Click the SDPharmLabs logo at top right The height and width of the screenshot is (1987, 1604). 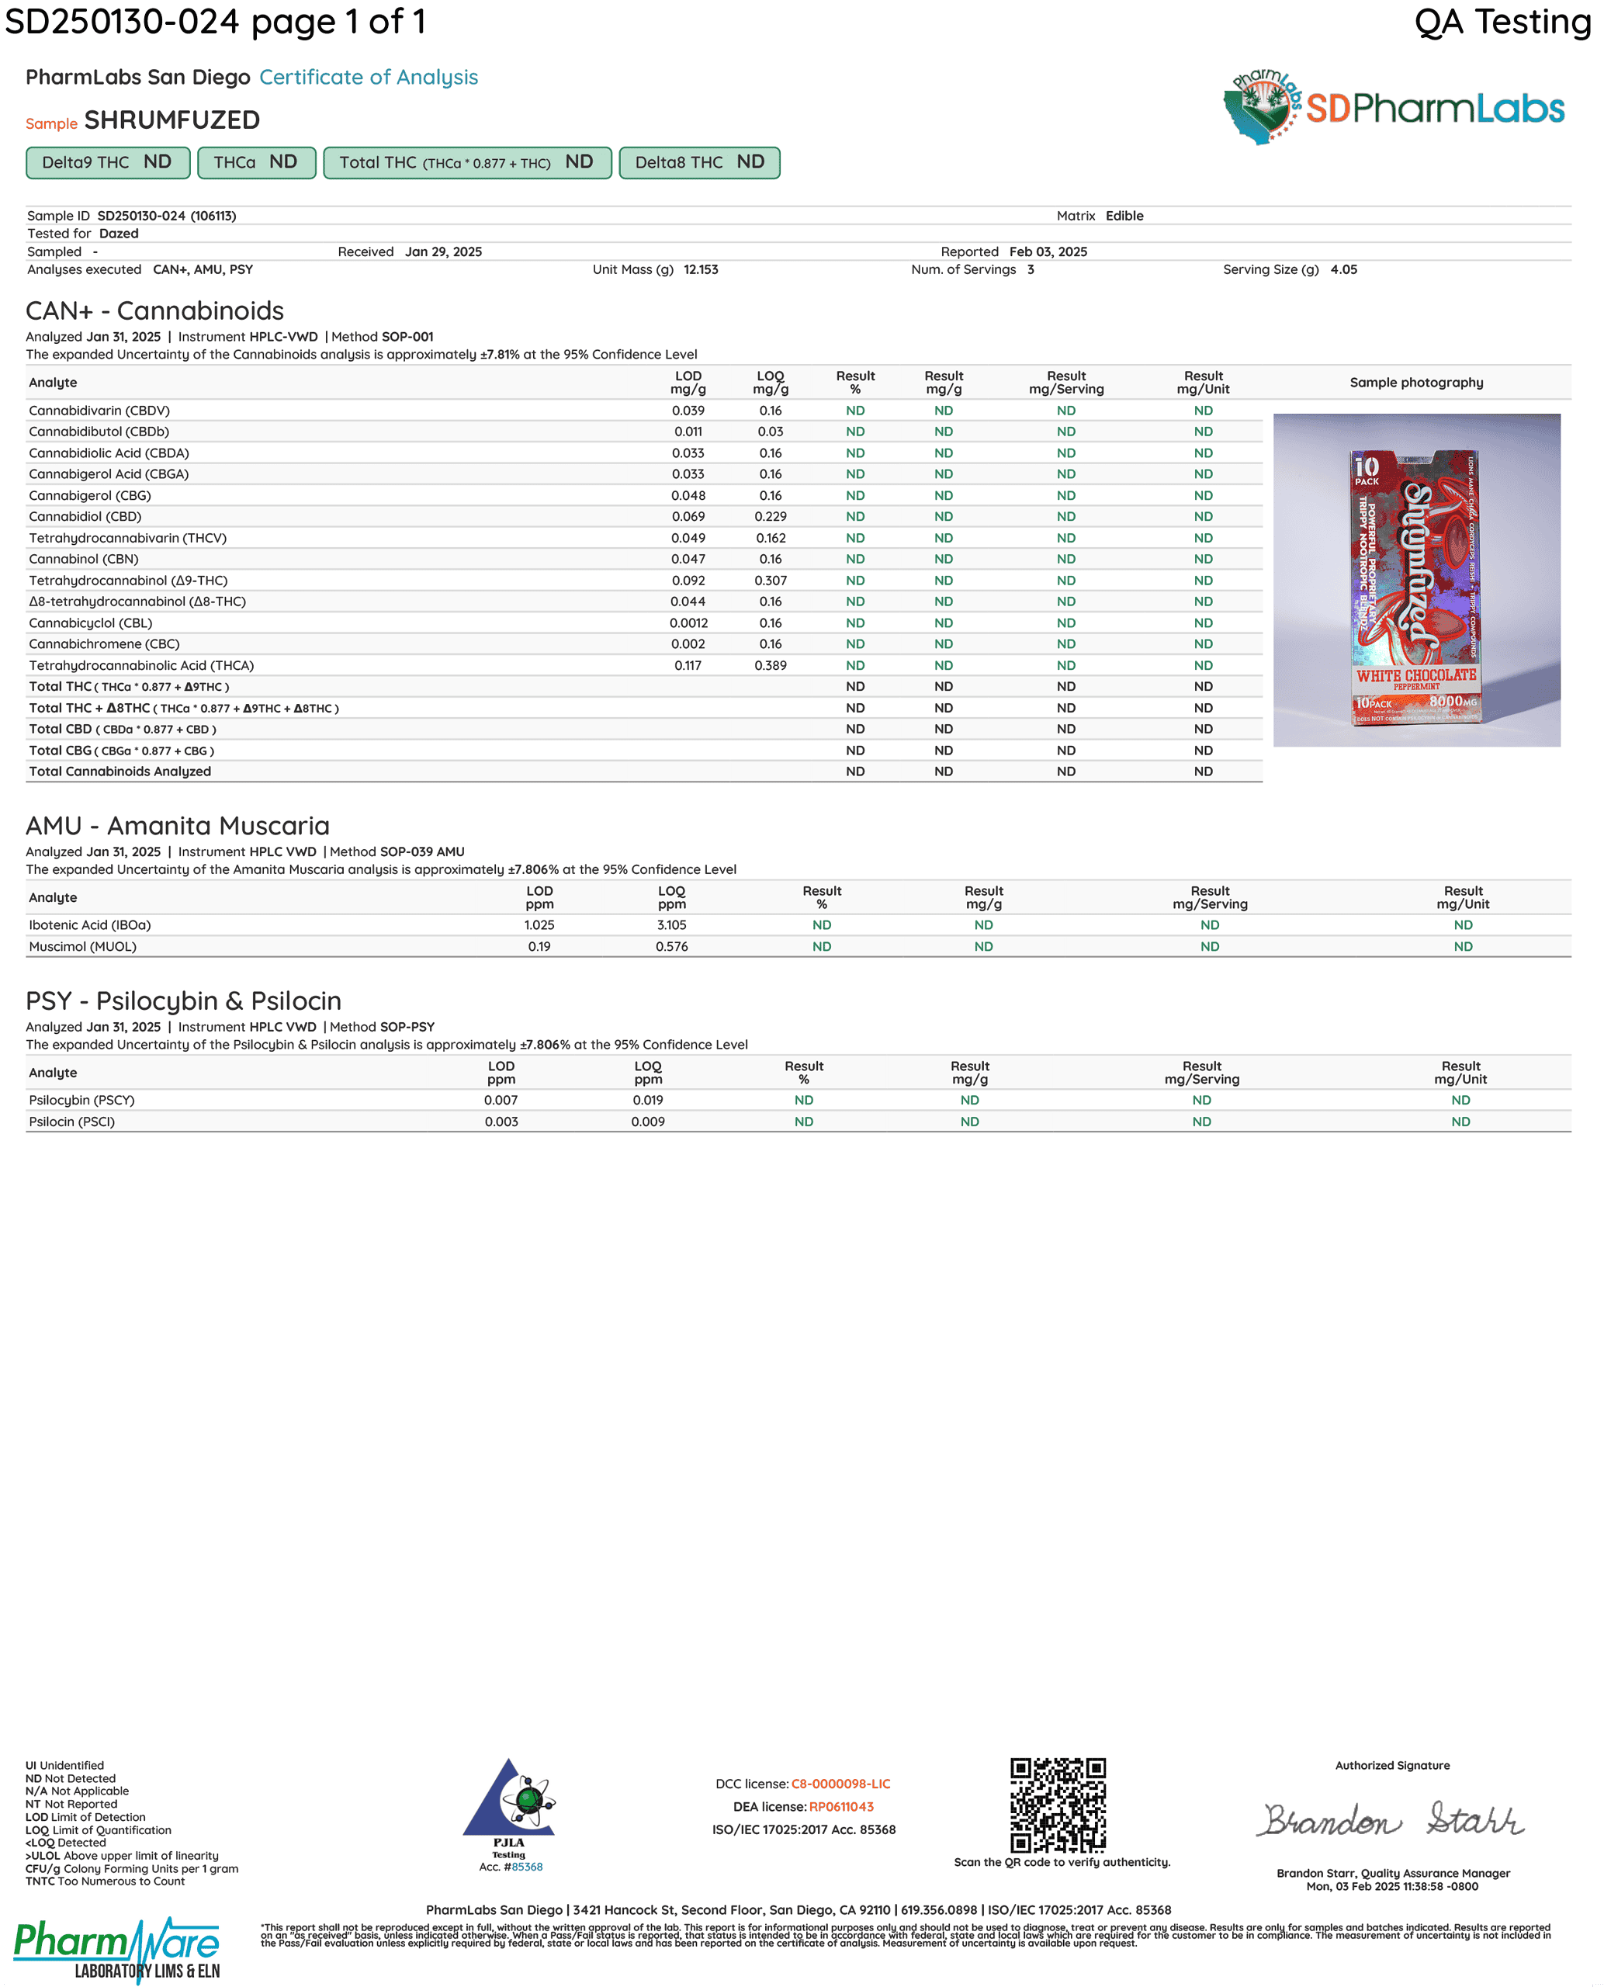click(x=1394, y=107)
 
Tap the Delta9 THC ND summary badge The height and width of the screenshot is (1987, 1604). click(x=107, y=163)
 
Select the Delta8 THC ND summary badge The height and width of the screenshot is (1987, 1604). click(x=698, y=163)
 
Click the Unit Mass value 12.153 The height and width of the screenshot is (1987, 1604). click(x=701, y=270)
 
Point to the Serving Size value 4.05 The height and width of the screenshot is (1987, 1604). click(x=1343, y=270)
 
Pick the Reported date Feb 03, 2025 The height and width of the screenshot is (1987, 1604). click(x=1048, y=251)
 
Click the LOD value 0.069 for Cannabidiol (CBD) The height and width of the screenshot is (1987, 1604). click(x=688, y=517)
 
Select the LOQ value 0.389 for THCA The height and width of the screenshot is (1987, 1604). click(x=771, y=665)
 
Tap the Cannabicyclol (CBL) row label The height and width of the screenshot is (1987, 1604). click(x=91, y=623)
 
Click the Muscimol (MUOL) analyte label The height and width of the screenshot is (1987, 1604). click(x=82, y=946)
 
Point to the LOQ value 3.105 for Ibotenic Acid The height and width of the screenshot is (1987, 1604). click(x=672, y=925)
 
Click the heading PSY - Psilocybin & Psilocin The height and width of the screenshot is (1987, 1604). click(x=183, y=1001)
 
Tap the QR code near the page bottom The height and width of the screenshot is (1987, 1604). click(x=1057, y=1805)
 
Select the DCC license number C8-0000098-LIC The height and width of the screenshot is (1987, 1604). click(x=841, y=1784)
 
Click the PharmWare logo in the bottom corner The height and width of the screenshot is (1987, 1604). click(x=116, y=1948)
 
